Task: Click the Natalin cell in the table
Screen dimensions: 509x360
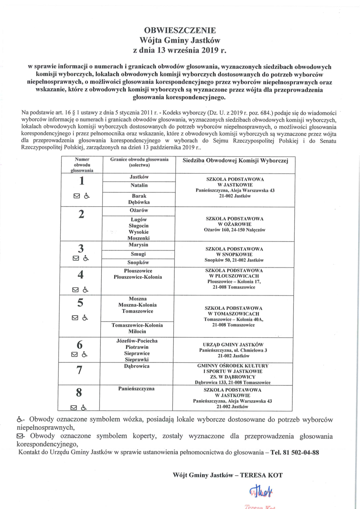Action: click(139, 185)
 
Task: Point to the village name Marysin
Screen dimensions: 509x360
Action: click(139, 245)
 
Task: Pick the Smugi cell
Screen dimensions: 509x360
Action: click(139, 254)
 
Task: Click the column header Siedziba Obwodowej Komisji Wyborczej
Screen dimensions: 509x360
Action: click(234, 161)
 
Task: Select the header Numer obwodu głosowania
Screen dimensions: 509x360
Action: click(82, 165)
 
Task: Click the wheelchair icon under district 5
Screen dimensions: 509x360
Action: click(85, 317)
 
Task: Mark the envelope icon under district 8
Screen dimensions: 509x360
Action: click(75, 408)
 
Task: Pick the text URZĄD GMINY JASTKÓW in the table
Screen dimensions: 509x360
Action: click(234, 344)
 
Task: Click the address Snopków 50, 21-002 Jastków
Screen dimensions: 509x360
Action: click(234, 260)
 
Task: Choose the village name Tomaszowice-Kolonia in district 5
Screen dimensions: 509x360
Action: click(139, 325)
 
